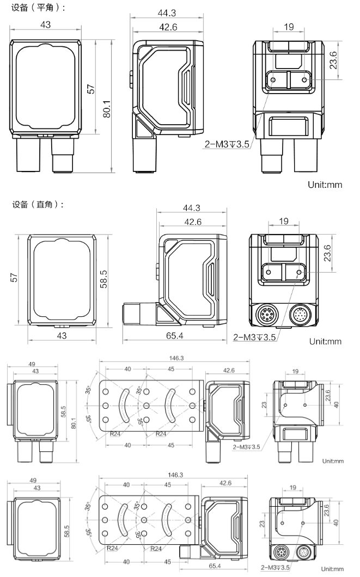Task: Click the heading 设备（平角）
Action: click(38, 8)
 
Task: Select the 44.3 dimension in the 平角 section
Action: click(162, 13)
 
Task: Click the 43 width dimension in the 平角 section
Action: click(46, 24)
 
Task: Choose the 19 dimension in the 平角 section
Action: click(288, 27)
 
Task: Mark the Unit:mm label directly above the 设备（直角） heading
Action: click(325, 185)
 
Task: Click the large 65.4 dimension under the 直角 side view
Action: click(174, 336)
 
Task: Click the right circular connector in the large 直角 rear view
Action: click(300, 314)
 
